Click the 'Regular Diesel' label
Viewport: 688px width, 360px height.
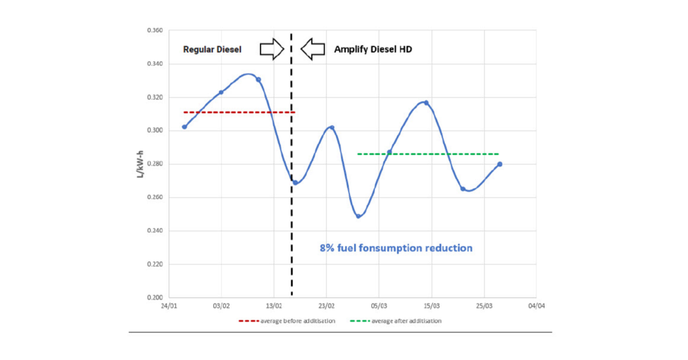pos(212,49)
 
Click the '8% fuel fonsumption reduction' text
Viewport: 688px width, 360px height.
pos(397,248)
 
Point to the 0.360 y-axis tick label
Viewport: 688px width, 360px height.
pos(154,31)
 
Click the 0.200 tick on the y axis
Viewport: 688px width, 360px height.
pos(154,297)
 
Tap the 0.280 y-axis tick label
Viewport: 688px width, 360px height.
pos(154,164)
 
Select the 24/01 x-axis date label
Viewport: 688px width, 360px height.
pos(169,307)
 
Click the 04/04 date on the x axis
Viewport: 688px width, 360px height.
pos(536,307)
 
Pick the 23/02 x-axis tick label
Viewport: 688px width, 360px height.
pos(326,307)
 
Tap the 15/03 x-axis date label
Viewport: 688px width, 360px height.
pos(431,307)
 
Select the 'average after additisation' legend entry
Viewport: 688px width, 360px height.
pos(395,321)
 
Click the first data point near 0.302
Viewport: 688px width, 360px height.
pos(184,127)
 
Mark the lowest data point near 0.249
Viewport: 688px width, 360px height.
pos(358,216)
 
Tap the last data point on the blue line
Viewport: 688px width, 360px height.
pos(500,164)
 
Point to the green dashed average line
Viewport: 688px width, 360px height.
pos(427,154)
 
